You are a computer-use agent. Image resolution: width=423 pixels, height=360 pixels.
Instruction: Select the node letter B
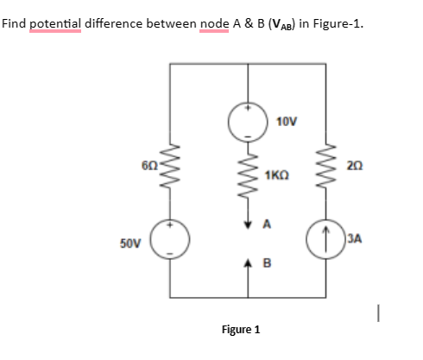pos(267,256)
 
